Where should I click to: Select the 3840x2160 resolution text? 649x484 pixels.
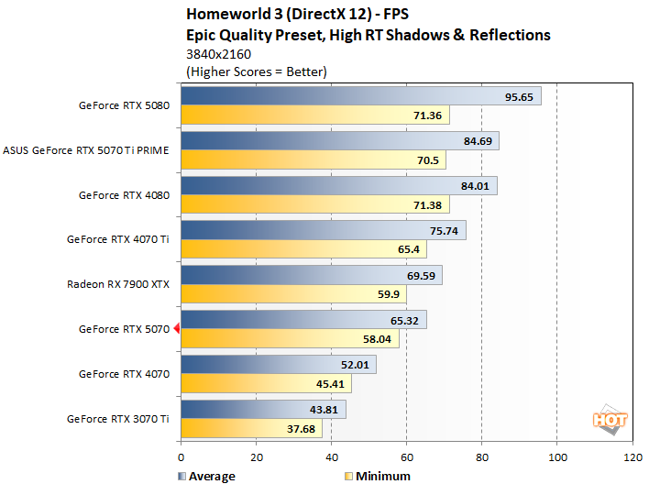pos(218,54)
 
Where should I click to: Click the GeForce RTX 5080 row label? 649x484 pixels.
pos(124,105)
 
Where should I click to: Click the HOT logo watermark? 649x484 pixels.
pos(610,420)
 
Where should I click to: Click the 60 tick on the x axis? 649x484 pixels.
pos(406,456)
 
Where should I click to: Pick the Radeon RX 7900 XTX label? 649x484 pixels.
pos(118,285)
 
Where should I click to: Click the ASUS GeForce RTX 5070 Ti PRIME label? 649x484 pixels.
pos(86,150)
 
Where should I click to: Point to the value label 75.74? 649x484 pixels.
pos(445,231)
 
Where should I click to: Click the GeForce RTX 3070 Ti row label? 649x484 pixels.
pos(117,419)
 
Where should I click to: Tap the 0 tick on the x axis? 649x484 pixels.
pos(181,456)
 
